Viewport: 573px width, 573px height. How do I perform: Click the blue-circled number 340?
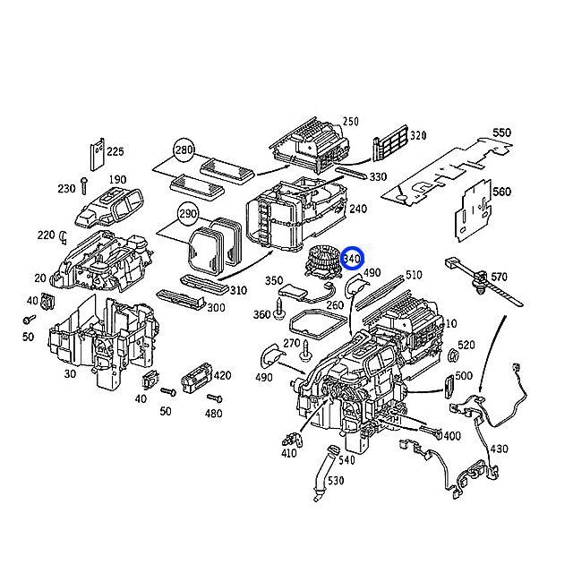click(352, 260)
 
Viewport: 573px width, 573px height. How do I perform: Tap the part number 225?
click(115, 152)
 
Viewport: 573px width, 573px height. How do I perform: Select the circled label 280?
click(184, 149)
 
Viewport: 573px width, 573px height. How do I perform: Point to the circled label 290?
click(188, 215)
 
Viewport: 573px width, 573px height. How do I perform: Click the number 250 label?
click(350, 122)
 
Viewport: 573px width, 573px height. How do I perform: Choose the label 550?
click(501, 133)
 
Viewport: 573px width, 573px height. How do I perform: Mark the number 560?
click(501, 192)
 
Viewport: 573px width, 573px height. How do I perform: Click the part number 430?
click(499, 449)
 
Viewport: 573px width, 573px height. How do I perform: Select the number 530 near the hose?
click(335, 482)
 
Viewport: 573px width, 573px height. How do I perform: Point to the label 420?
click(222, 375)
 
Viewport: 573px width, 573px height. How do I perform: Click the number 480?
click(213, 414)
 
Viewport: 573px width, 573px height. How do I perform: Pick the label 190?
click(117, 180)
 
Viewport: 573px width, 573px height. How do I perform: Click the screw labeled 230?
click(82, 186)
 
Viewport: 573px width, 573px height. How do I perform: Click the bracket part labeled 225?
click(97, 153)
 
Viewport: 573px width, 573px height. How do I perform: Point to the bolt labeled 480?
click(213, 397)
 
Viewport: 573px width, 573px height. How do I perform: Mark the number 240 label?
click(358, 209)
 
